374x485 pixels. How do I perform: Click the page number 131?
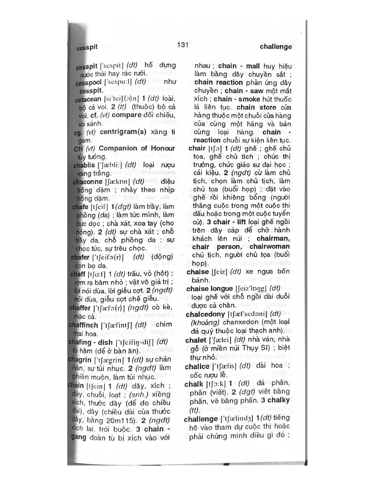click(182, 45)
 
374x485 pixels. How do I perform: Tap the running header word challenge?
click(275, 47)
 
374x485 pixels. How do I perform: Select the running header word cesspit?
click(87, 48)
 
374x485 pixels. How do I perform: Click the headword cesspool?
click(88, 83)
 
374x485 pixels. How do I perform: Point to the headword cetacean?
click(88, 99)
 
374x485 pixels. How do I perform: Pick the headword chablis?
click(84, 165)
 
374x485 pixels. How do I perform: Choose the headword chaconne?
click(87, 182)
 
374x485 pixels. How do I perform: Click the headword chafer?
click(80, 257)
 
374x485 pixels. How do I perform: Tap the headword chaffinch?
click(83, 325)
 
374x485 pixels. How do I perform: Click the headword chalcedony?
click(205, 315)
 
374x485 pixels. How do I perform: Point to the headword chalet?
click(196, 340)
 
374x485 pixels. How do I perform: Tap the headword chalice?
click(197, 367)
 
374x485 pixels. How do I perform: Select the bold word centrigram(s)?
click(123, 132)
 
